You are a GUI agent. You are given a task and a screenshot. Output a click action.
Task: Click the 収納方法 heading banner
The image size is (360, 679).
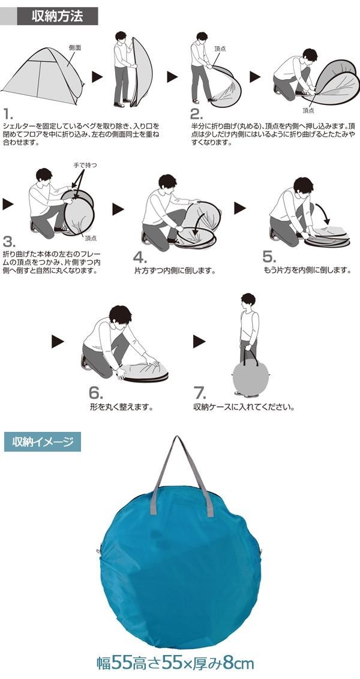(x=57, y=16)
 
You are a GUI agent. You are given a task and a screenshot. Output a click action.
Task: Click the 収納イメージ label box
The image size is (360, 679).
(x=43, y=441)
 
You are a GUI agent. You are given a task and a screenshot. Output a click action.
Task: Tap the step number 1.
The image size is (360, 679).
(x=7, y=115)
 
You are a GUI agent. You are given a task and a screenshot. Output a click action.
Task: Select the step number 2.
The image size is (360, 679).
(x=196, y=115)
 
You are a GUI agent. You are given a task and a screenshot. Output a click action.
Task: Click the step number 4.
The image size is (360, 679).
(x=139, y=257)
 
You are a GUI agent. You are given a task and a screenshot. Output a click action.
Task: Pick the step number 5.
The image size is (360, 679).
(x=269, y=257)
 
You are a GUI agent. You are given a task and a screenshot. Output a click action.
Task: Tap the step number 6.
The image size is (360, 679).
(x=96, y=393)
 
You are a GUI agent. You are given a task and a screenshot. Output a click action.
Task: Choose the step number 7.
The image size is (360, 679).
(x=200, y=393)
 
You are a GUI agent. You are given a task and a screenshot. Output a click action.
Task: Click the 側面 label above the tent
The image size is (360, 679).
(x=75, y=48)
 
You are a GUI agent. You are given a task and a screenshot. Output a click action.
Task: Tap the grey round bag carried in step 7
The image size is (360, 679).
(x=251, y=376)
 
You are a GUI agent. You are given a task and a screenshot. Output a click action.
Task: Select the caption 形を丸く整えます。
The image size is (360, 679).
(x=122, y=407)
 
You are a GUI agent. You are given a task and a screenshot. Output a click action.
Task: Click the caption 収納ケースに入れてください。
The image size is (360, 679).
(x=244, y=407)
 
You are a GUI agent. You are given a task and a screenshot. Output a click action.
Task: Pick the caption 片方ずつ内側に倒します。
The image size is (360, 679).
(x=175, y=271)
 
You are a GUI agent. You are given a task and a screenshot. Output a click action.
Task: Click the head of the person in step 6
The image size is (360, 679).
(x=119, y=316)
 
